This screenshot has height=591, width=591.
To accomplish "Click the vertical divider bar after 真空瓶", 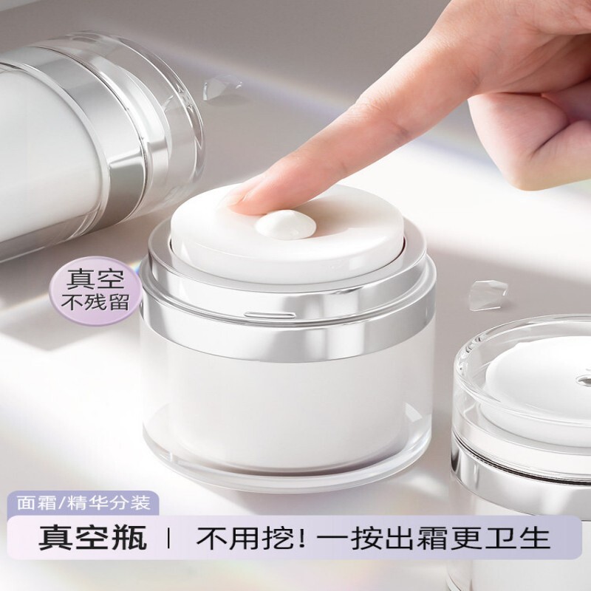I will [168, 538].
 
